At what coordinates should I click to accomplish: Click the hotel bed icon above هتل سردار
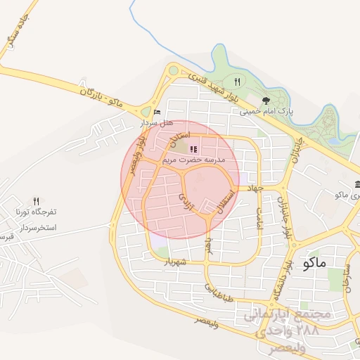coord(157,112)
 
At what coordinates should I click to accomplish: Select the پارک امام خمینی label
coord(266,111)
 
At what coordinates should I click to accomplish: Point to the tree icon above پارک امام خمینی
coord(265,101)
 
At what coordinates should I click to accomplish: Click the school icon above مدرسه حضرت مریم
coord(193,149)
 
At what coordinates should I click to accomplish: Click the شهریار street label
coord(179,262)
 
